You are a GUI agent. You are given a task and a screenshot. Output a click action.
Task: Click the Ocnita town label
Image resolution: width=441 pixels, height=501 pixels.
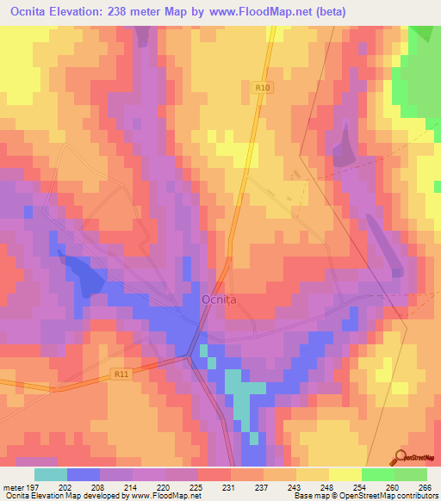click(219, 300)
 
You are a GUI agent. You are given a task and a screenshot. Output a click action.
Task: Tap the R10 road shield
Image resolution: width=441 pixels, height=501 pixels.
click(263, 86)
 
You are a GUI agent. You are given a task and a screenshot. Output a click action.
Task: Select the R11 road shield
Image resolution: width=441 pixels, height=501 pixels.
click(122, 374)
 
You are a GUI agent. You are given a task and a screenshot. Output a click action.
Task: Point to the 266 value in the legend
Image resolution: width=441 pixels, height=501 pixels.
click(425, 487)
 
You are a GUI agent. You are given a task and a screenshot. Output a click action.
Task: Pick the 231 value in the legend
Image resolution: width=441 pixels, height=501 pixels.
click(230, 487)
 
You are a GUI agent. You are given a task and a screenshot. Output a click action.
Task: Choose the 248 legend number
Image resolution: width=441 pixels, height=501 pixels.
click(327, 487)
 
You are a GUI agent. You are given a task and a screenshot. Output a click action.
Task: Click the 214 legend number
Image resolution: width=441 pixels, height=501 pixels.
click(132, 487)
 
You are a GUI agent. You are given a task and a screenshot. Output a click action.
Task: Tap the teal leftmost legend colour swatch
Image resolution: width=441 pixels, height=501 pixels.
click(51, 474)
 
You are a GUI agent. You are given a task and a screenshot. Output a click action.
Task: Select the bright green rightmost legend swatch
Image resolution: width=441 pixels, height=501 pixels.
click(410, 474)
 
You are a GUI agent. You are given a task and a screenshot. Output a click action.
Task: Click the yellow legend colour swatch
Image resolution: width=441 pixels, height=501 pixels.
click(345, 474)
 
